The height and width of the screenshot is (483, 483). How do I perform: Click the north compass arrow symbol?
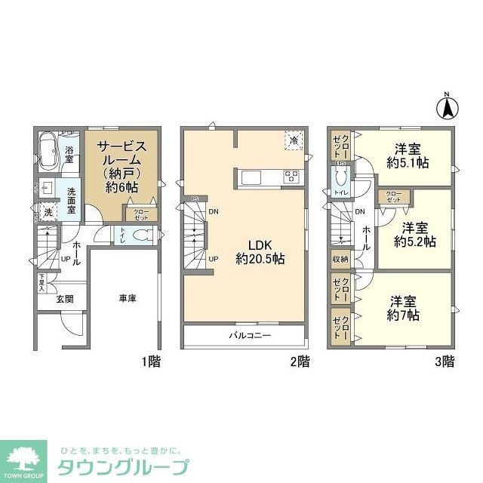pos(446,107)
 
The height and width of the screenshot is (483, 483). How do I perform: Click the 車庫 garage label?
pos(127,299)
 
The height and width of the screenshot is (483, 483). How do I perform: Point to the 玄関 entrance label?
pos(64,299)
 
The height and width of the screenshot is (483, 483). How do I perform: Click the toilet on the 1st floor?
pos(140,235)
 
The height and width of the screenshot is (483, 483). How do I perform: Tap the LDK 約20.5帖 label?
pos(259,251)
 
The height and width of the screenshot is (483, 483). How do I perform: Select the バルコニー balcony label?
pos(250,335)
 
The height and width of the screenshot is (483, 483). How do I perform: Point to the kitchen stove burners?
pos(291,177)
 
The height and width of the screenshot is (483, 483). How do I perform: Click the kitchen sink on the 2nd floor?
pos(251,178)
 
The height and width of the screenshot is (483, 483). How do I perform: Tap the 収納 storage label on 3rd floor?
pos(340,260)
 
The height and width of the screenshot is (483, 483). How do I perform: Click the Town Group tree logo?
pos(24,458)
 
